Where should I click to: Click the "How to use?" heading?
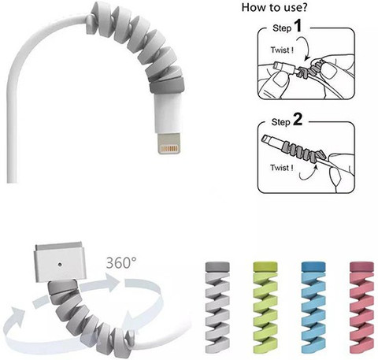274,7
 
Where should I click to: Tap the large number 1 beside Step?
298,26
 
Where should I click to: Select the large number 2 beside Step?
297,120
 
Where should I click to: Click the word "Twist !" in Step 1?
282,50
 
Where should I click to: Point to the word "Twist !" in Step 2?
282,168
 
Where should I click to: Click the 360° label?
121,262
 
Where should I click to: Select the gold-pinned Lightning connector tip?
169,143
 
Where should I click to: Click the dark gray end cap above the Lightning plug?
167,86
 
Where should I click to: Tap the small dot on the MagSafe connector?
60,264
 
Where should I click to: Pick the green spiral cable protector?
265,307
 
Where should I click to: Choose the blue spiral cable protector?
313,307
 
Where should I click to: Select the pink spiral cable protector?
361,307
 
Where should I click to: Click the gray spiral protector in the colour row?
217,307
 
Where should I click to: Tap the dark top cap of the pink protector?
361,266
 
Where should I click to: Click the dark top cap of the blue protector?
313,266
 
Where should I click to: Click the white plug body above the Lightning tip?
168,113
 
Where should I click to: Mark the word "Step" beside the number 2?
281,122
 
